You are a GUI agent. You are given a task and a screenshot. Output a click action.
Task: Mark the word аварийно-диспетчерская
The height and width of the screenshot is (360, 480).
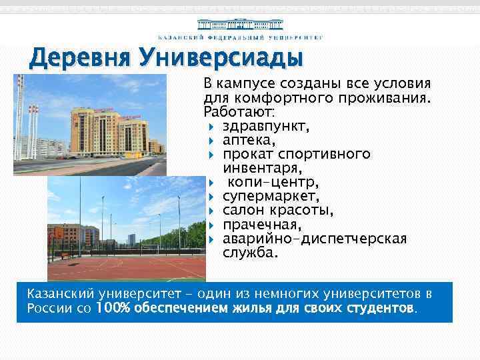pos(314,239)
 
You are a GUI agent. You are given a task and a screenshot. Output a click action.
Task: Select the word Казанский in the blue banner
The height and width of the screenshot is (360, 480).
pos(60,294)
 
